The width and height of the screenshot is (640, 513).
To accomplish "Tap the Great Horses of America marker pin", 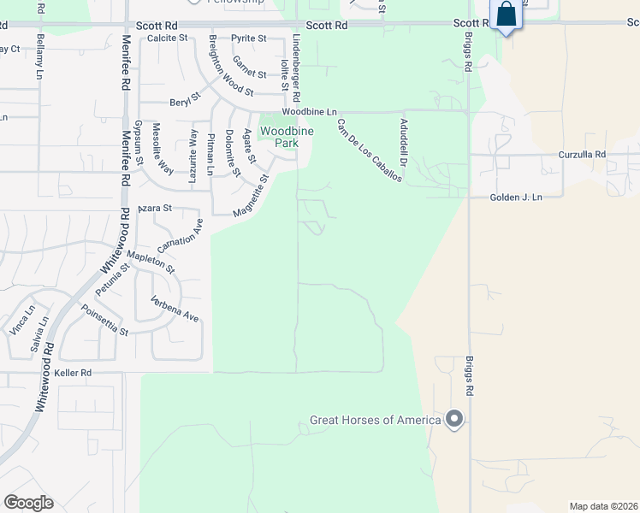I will [x=454, y=419].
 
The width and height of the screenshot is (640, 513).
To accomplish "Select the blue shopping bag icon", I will [x=507, y=15].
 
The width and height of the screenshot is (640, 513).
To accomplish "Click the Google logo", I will [x=28, y=503].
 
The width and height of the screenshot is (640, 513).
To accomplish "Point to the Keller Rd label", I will [x=72, y=374].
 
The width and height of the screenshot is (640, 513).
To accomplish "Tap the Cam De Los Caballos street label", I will [x=369, y=149].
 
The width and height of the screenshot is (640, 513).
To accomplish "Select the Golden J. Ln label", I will [x=516, y=198].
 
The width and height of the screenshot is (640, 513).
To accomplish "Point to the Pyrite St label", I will [x=251, y=38].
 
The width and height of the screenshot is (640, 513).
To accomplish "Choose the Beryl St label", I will [x=183, y=99].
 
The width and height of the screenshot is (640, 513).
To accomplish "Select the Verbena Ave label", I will [x=175, y=310].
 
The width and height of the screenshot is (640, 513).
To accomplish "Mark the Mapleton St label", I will [x=150, y=262].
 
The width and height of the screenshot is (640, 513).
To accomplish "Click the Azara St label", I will [x=156, y=208].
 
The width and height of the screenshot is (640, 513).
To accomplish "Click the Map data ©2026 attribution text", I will [x=602, y=506].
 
